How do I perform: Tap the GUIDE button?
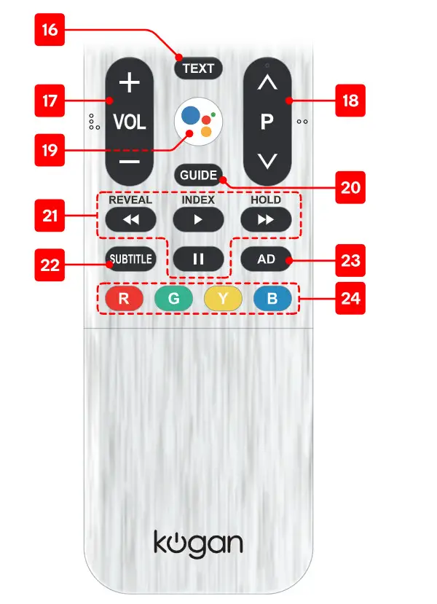[199, 176]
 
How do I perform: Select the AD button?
[266, 259]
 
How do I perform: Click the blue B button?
[272, 299]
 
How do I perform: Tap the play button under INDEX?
[198, 219]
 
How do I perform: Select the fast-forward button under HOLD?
[266, 219]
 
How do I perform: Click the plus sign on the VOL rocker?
[130, 83]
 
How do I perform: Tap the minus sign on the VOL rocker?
[130, 161]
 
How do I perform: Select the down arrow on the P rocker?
[267, 161]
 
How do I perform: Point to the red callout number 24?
[350, 299]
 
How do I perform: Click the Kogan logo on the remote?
[198, 544]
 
